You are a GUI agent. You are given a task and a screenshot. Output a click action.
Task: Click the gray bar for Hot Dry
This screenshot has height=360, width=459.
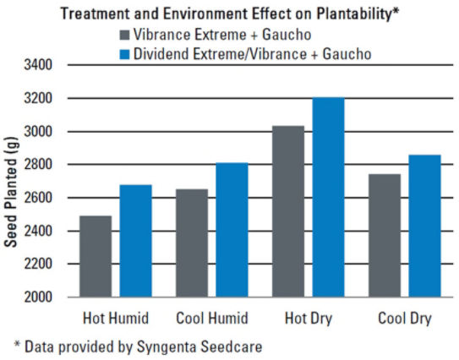click(x=288, y=211)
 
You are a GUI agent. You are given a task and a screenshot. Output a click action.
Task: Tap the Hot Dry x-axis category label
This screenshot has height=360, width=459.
click(x=307, y=319)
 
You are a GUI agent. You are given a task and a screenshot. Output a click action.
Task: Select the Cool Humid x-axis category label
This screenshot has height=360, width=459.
click(x=211, y=319)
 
